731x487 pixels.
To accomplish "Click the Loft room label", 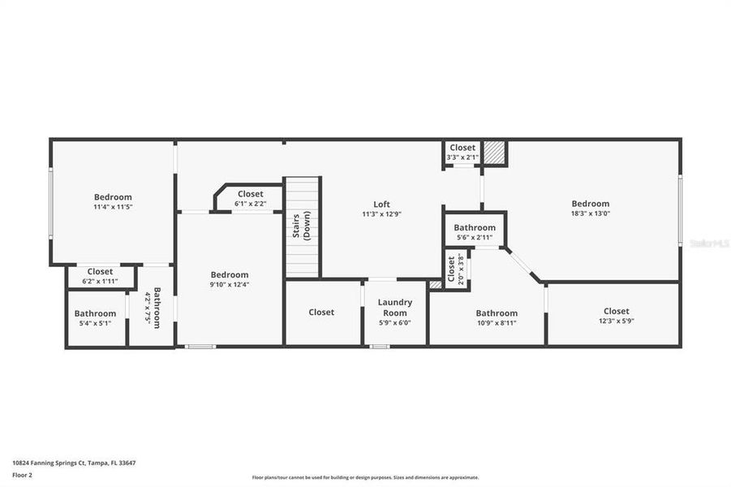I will pos(382,204).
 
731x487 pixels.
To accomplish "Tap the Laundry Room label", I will pos(396,307).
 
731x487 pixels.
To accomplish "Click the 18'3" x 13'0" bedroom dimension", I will pos(590,214).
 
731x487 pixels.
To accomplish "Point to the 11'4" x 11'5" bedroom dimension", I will pos(113,207).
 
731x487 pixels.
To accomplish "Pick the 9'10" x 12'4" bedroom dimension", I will pos(230,284).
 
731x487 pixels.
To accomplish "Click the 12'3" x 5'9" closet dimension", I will pos(616,321).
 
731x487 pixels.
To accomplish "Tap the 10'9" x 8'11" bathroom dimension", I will pos(497,323).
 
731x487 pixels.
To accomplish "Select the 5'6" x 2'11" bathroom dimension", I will pos(475,238).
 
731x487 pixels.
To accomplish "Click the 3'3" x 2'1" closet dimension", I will pos(462,157).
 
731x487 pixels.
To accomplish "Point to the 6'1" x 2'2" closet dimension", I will pos(250,204).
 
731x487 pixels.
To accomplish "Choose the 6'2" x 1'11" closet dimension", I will pos(100,282).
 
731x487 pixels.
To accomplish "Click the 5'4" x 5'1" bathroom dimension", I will pos(95,323).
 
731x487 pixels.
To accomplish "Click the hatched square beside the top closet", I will pos(494,153).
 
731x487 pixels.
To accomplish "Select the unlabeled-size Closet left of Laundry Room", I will pos(321,312).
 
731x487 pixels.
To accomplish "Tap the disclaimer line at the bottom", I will pos(365,477).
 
